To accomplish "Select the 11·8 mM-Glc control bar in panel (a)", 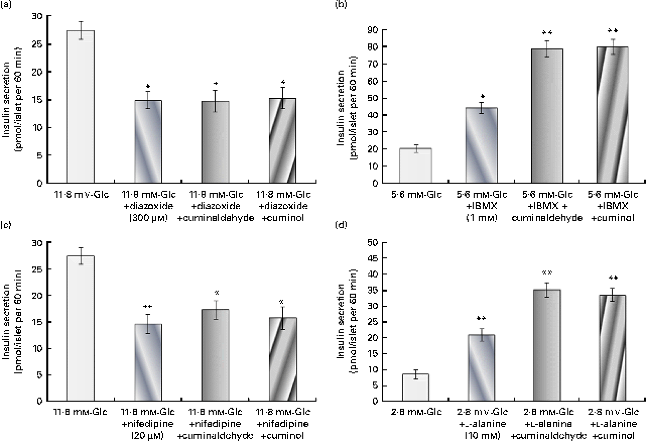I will coord(81,106).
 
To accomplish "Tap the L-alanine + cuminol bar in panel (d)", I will coord(613,348).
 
